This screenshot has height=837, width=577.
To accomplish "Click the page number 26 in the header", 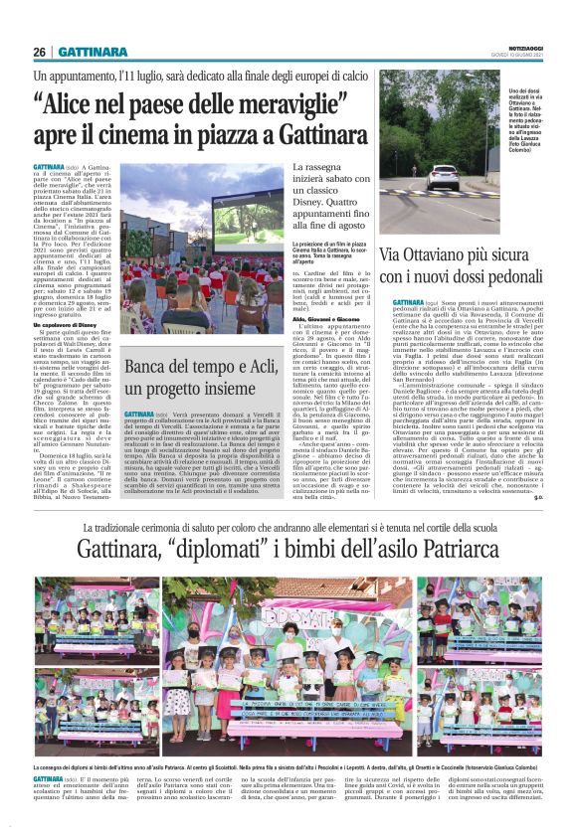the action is point(40,52).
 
